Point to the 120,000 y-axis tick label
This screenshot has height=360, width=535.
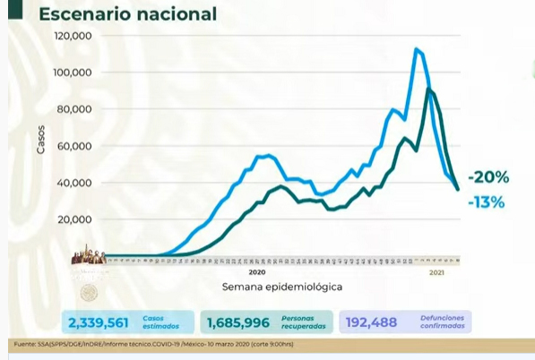[75, 36]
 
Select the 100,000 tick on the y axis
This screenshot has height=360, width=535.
[75, 73]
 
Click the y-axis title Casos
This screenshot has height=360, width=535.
[41, 140]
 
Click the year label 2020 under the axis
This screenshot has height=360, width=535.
[257, 271]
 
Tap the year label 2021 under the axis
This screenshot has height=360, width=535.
[438, 271]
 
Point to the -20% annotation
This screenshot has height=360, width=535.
[491, 176]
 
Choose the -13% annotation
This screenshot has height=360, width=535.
[486, 202]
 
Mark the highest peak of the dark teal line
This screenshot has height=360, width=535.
[430, 90]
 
